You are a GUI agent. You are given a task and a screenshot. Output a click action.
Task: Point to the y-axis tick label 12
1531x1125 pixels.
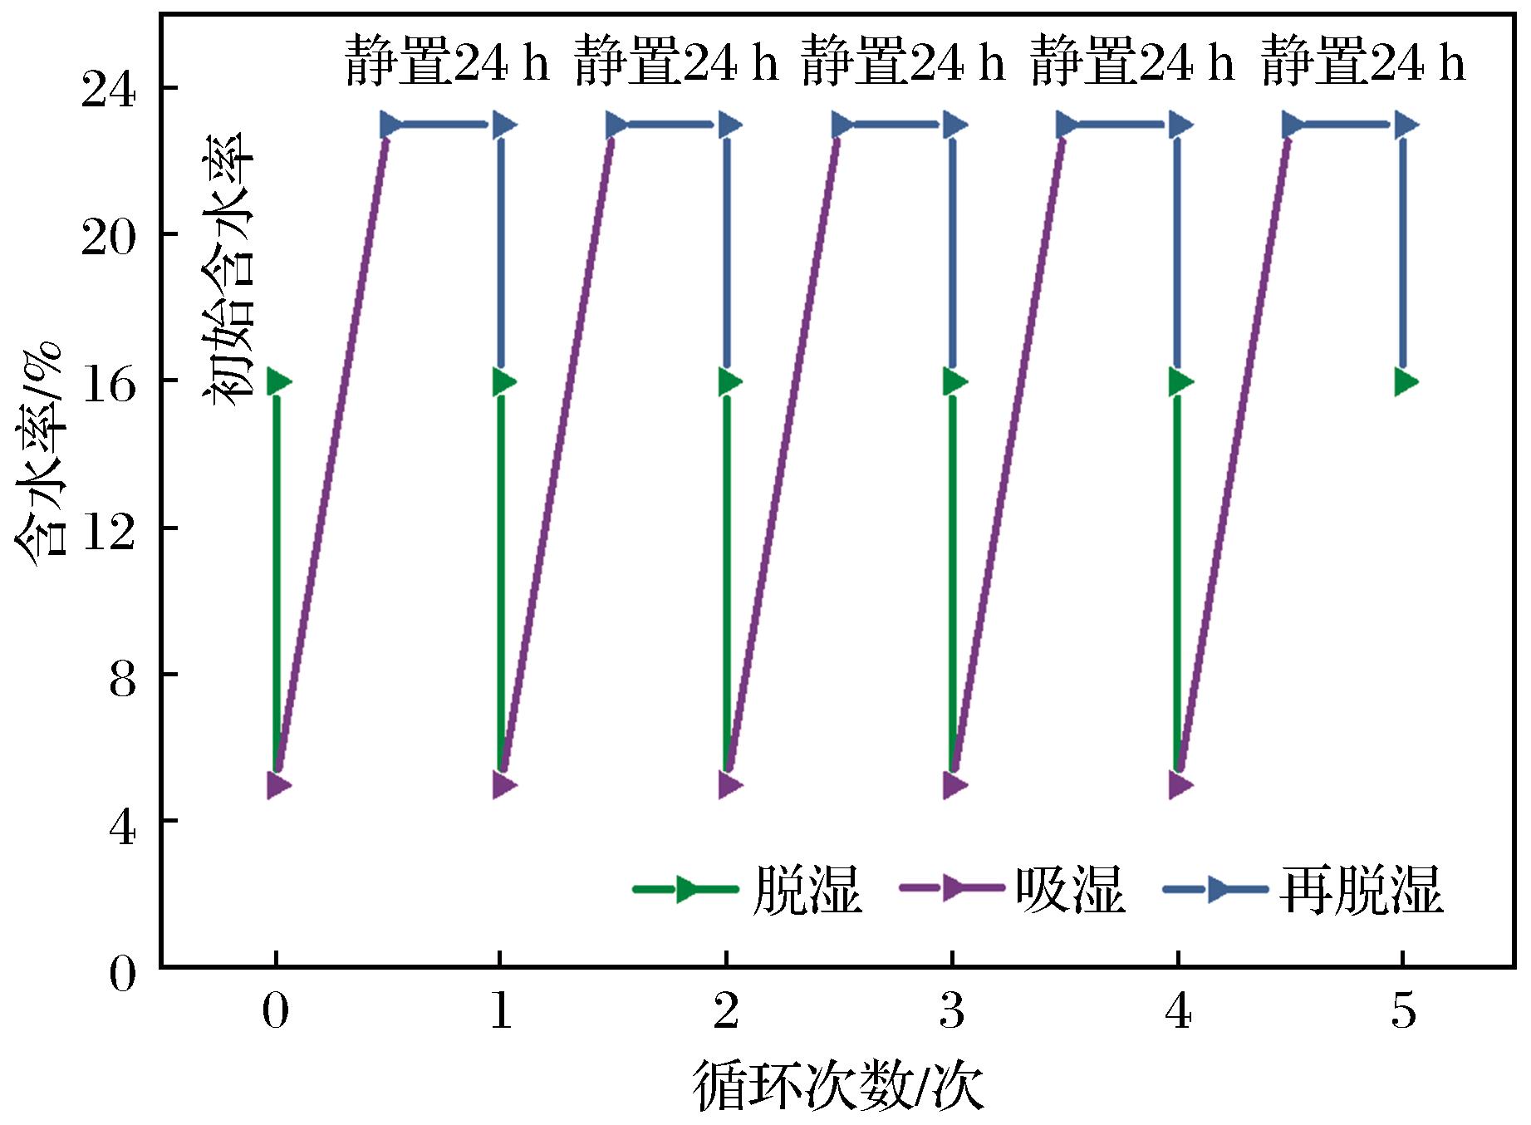click(x=107, y=528)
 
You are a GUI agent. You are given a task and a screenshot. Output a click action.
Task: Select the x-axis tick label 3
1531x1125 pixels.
click(x=953, y=1012)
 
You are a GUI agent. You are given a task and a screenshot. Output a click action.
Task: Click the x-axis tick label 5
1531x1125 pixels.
click(x=1404, y=1012)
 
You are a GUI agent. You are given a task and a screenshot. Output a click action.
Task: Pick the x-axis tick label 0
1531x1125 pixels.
click(x=275, y=1012)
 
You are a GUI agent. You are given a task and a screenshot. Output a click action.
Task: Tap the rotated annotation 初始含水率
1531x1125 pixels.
click(x=228, y=268)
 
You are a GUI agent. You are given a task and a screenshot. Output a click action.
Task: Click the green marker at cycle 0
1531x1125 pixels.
click(x=278, y=382)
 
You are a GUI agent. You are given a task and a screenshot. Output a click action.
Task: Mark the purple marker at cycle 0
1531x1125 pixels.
click(x=278, y=785)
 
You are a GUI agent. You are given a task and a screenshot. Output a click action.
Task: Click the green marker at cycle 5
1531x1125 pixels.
click(x=1406, y=382)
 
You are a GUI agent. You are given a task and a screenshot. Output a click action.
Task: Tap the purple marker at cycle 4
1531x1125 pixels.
click(x=1180, y=785)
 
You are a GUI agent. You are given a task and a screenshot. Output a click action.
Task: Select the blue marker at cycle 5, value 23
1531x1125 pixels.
click(x=1406, y=125)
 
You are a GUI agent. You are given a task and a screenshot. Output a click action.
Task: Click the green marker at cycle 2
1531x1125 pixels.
click(x=729, y=382)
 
